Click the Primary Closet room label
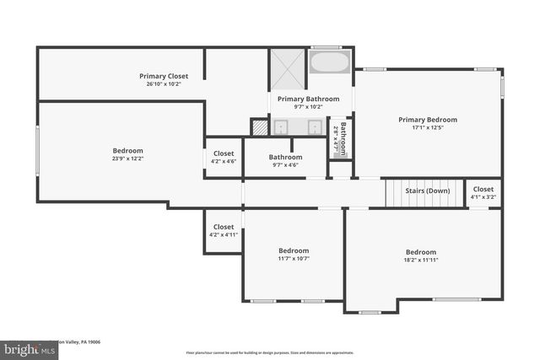tap(164, 77)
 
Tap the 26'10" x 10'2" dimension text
tap(164, 84)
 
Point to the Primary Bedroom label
tap(428, 120)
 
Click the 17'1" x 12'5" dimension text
tap(428, 128)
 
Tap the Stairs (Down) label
tap(427, 191)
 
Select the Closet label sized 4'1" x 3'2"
tap(483, 190)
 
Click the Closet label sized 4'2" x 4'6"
tap(223, 153)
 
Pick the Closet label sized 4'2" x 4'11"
tap(223, 227)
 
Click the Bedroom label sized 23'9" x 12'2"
tap(128, 151)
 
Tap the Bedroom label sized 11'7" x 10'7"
tap(294, 250)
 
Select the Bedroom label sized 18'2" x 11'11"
tap(421, 252)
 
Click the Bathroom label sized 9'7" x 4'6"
tap(285, 157)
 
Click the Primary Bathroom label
tap(308, 99)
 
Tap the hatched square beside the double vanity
tap(258, 126)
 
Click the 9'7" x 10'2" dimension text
tap(308, 107)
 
